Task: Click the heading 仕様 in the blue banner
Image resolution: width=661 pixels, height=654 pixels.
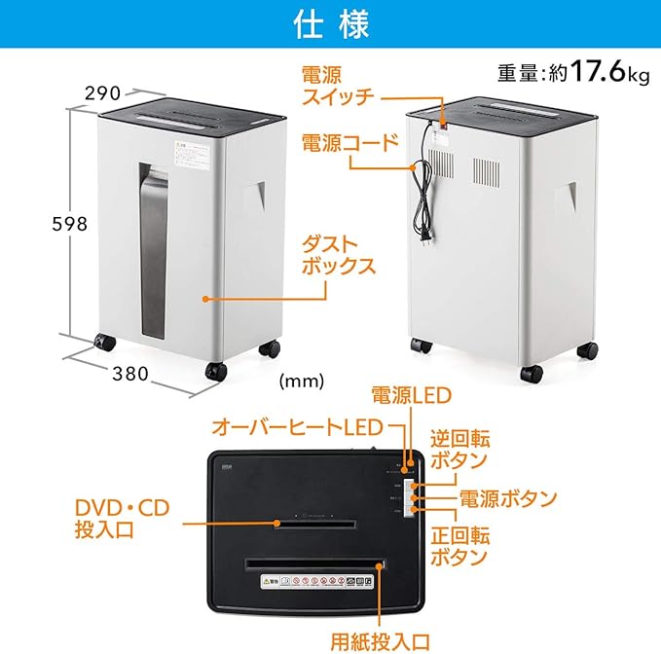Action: (x=330, y=26)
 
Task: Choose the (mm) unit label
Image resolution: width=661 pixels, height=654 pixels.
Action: (x=302, y=381)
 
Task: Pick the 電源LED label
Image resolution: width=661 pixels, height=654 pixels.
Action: (x=412, y=395)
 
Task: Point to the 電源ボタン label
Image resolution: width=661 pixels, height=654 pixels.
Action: (x=508, y=499)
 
